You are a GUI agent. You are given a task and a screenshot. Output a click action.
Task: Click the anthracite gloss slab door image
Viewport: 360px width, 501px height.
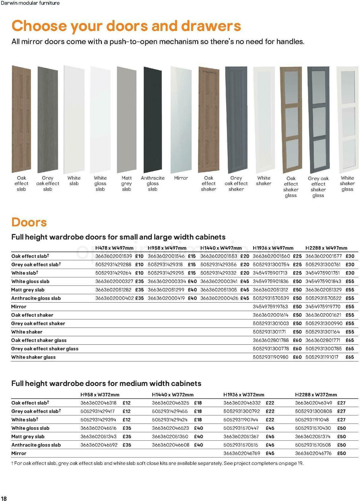tap(153, 119)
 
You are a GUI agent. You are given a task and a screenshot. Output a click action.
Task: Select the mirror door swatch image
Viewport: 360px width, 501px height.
tap(181, 119)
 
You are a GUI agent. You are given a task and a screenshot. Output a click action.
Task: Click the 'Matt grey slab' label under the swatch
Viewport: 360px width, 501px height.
tap(126, 183)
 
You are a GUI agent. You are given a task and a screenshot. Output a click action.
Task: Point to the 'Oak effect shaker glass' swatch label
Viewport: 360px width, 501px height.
tap(291, 187)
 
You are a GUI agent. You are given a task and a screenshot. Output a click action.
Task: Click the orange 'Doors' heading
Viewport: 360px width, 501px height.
tap(29, 222)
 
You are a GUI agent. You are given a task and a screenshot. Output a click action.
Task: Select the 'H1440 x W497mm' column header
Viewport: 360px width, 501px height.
tap(221, 248)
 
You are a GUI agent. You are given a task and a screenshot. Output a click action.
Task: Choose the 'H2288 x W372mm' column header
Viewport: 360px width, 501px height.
tap(316, 394)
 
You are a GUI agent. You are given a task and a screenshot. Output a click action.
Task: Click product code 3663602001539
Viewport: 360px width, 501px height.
tap(114, 256)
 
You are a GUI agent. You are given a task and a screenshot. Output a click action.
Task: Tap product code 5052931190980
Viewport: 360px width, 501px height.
tap(270, 357)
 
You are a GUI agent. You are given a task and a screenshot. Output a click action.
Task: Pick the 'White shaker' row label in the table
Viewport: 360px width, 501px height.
tap(27, 332)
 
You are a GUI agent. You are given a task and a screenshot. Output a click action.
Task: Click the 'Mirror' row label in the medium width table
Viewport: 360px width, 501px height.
tap(19, 453)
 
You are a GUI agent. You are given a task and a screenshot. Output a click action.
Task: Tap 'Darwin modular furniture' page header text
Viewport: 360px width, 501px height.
tap(30, 3)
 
